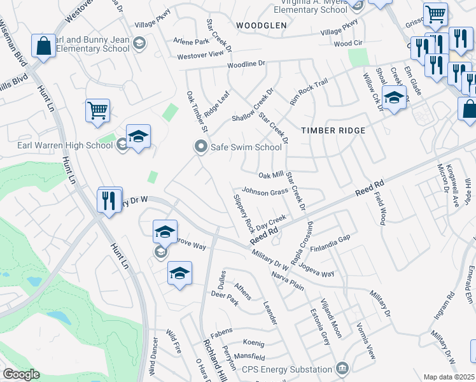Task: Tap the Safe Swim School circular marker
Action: click(x=201, y=147)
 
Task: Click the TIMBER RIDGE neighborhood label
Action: click(x=333, y=131)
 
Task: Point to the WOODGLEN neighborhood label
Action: click(x=261, y=25)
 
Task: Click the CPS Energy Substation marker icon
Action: click(x=342, y=368)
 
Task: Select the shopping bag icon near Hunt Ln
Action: click(x=43, y=46)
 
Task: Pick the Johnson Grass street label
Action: click(x=264, y=191)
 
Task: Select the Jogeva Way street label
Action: click(x=316, y=270)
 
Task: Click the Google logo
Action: click(x=21, y=375)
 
